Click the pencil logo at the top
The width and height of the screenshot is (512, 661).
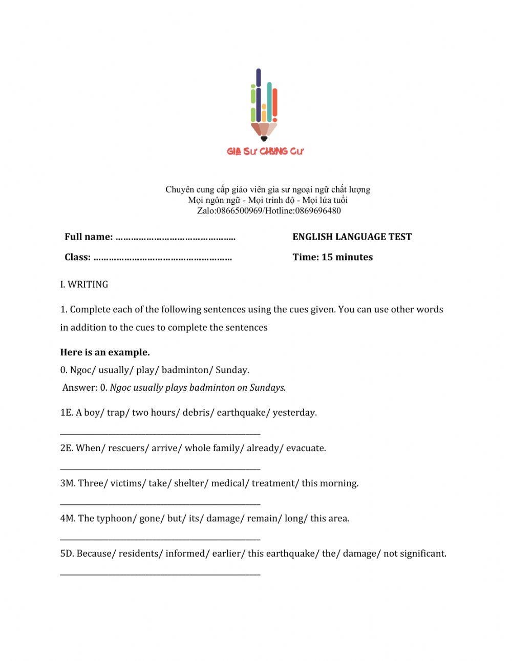[264, 105]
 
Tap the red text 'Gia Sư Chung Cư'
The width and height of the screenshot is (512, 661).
[265, 151]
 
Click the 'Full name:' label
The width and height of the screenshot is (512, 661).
[89, 237]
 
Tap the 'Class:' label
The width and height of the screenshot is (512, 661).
[77, 257]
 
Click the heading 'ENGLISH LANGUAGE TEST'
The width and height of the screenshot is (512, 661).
[352, 237]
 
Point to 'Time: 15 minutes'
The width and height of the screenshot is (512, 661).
[332, 257]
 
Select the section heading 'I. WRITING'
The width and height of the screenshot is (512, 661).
[84, 284]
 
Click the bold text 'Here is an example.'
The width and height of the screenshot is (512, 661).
[105, 352]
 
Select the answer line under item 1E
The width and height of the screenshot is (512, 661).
[160, 433]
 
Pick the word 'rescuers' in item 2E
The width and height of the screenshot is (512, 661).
[129, 448]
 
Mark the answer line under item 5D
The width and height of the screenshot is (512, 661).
[160, 574]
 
